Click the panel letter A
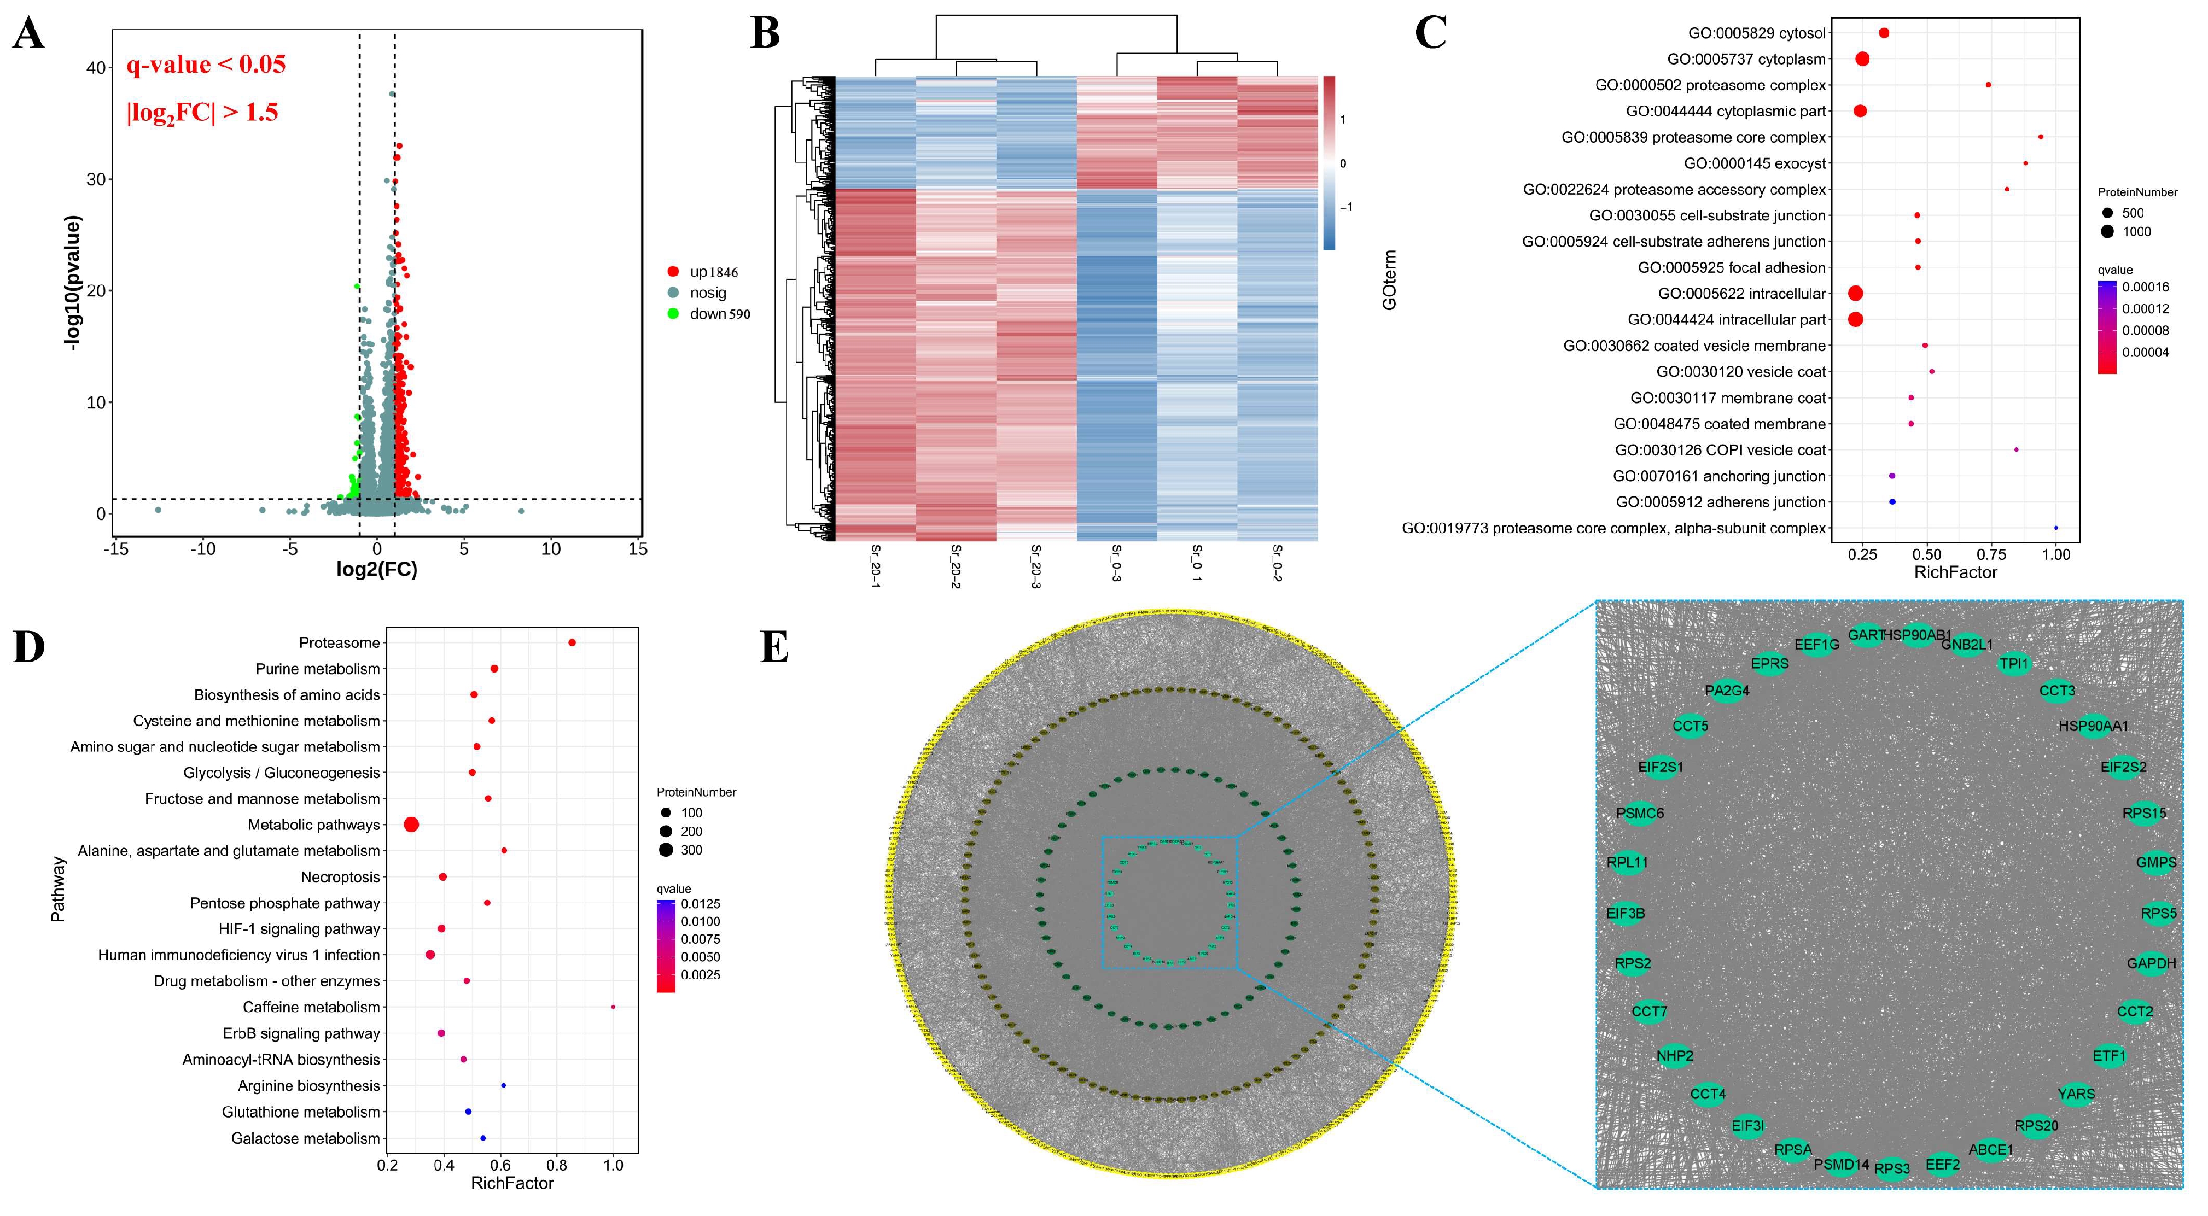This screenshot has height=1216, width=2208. point(28,36)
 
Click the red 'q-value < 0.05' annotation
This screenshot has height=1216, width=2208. point(206,65)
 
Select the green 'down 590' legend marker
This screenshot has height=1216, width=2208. point(673,314)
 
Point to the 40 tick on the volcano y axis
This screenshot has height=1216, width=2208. point(96,68)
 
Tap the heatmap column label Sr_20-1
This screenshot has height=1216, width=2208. point(875,565)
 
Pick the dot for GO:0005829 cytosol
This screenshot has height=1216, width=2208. point(1884,33)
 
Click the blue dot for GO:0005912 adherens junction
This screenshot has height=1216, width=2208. point(1892,502)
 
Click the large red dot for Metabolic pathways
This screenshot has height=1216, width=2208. point(411,825)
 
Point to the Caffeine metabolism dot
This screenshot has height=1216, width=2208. point(613,1007)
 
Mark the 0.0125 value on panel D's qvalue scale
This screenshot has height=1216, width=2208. point(700,904)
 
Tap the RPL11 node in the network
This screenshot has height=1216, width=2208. point(1627,862)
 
